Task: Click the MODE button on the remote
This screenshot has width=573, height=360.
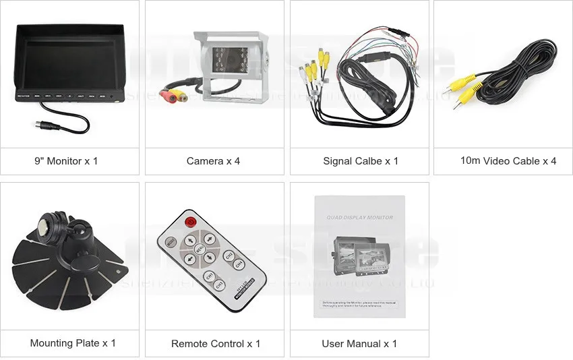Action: (171, 241)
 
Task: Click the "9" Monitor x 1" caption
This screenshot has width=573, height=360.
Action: (66, 161)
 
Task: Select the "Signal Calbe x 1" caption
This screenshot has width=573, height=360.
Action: (360, 161)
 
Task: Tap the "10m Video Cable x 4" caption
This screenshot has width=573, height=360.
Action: (508, 161)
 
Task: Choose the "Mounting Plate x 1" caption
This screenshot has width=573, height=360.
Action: (73, 343)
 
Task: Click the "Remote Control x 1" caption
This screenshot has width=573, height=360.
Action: (215, 344)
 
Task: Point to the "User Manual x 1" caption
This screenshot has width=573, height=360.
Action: (359, 344)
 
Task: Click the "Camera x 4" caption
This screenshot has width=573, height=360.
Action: (214, 161)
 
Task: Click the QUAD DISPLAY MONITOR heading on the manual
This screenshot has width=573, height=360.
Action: (359, 217)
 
